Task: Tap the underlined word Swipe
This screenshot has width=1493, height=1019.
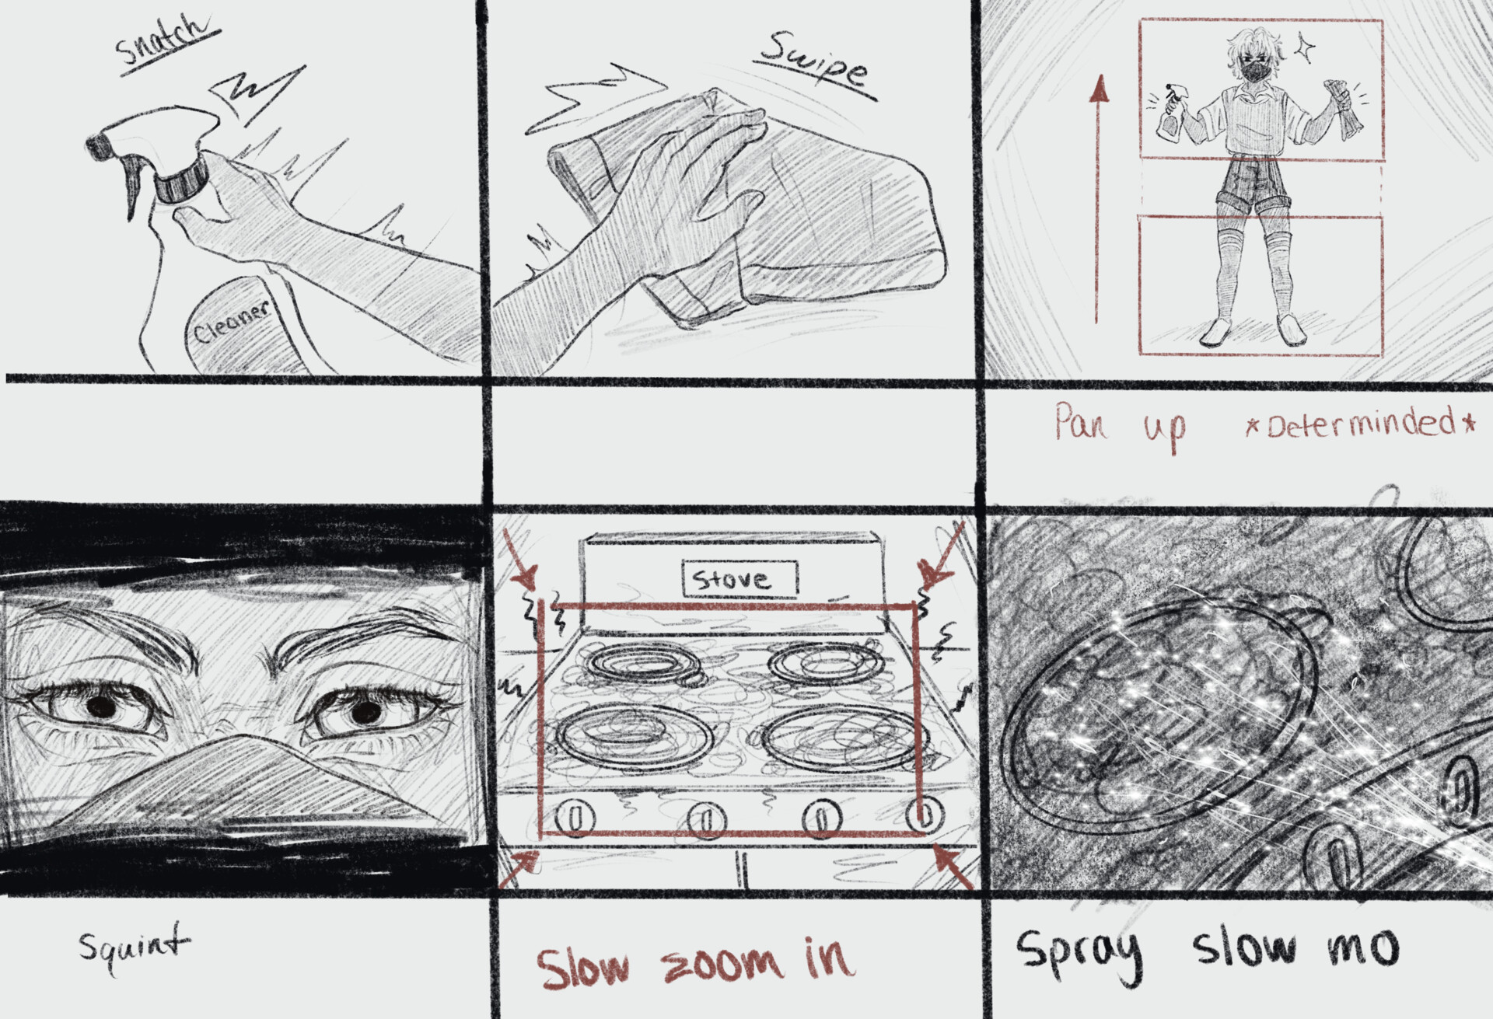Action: pos(813,62)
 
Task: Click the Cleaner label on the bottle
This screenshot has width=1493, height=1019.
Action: pos(231,321)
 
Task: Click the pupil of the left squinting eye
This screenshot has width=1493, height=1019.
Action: pos(101,706)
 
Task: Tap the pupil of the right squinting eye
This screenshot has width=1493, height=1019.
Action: pos(365,710)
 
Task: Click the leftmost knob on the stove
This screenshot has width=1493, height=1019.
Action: pos(576,817)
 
